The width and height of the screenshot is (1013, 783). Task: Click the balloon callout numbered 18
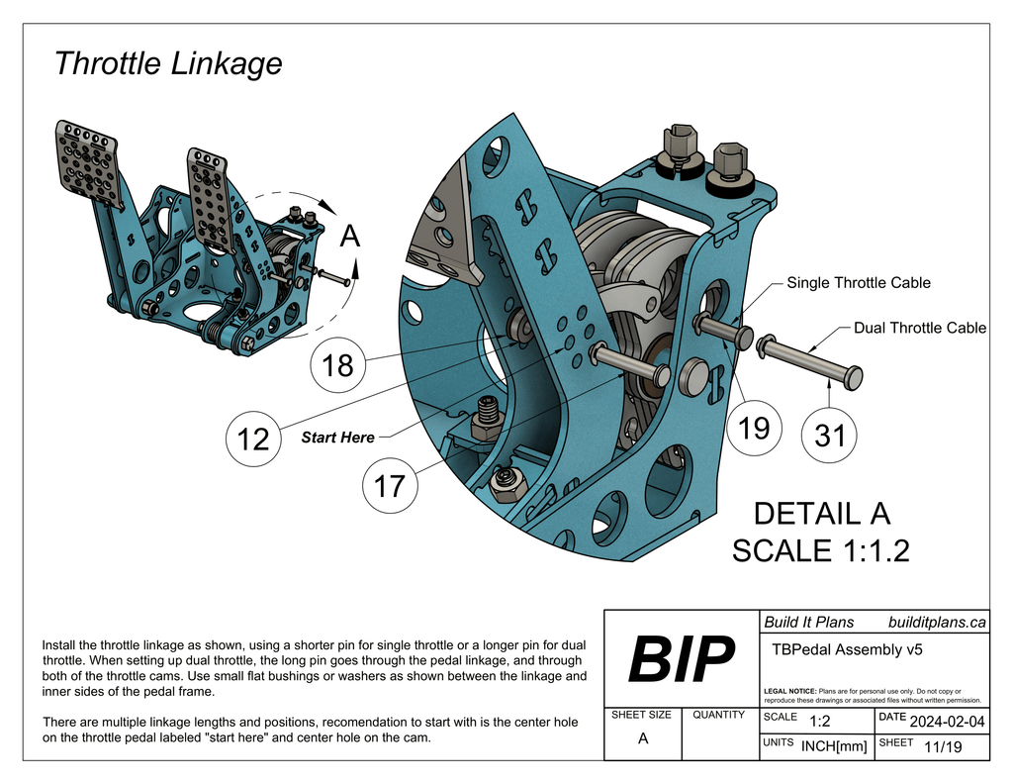tap(337, 365)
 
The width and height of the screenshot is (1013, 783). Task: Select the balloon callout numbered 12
tap(254, 439)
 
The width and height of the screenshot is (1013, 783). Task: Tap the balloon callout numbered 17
tap(391, 486)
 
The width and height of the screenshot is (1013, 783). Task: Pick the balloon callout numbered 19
tap(754, 429)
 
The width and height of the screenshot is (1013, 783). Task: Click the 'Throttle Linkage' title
tap(167, 63)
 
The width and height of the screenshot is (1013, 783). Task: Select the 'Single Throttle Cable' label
tap(858, 283)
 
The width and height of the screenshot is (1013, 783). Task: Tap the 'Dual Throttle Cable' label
tap(919, 328)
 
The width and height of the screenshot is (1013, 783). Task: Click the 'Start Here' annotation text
tap(337, 438)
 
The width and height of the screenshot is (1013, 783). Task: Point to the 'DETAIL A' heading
tap(821, 514)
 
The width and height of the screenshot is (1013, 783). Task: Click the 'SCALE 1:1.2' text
tap(820, 551)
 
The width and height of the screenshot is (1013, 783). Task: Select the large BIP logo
tap(682, 660)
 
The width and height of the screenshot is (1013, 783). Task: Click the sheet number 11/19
tap(940, 746)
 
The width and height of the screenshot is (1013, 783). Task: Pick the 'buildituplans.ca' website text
tap(936, 623)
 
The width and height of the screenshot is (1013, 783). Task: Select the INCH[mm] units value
tap(833, 746)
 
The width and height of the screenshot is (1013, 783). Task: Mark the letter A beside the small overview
tap(349, 237)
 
